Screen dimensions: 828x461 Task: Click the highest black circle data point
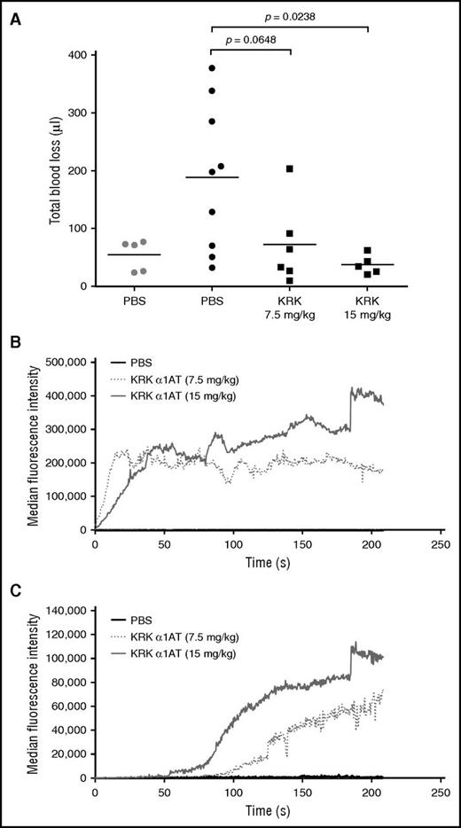click(210, 68)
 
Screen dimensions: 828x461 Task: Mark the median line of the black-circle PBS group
click(212, 177)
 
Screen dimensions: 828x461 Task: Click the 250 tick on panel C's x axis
click(441, 791)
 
